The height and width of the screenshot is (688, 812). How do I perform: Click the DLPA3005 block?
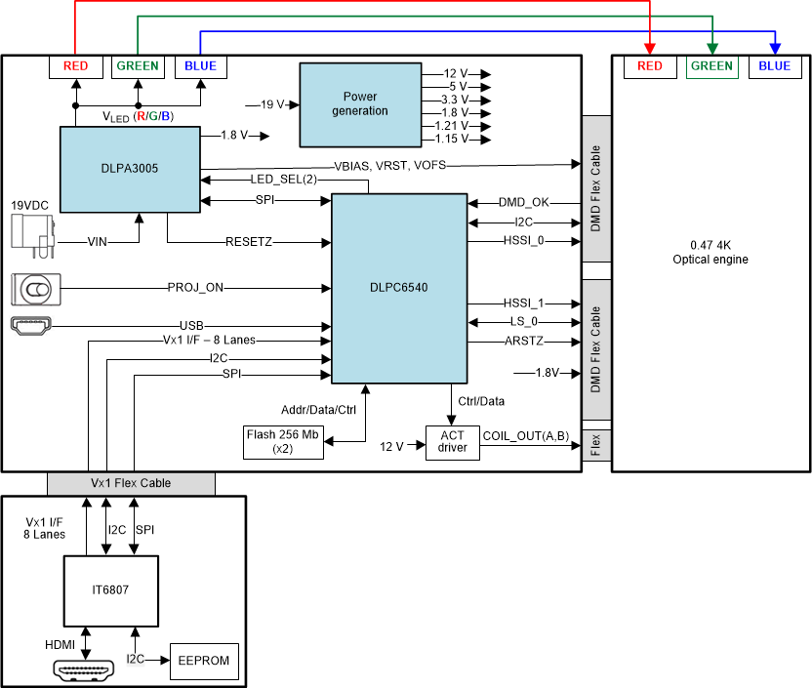[129, 168]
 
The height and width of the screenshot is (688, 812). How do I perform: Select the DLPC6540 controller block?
[400, 288]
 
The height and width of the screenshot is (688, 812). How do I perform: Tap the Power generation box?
[359, 103]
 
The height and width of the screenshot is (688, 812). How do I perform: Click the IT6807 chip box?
[110, 591]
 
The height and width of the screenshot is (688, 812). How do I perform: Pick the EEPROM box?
[204, 661]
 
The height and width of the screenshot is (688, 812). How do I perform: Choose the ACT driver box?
[452, 442]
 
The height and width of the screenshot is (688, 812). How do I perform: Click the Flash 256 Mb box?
[283, 442]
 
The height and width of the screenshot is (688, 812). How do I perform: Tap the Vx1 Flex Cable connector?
[131, 483]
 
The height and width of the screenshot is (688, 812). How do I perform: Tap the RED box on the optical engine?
[650, 66]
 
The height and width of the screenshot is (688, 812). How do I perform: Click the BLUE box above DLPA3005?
[201, 66]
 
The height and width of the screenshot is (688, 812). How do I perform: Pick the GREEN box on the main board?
[138, 66]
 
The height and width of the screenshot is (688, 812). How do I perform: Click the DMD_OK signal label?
[524, 202]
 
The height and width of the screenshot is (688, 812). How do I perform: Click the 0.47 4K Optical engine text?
[710, 253]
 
